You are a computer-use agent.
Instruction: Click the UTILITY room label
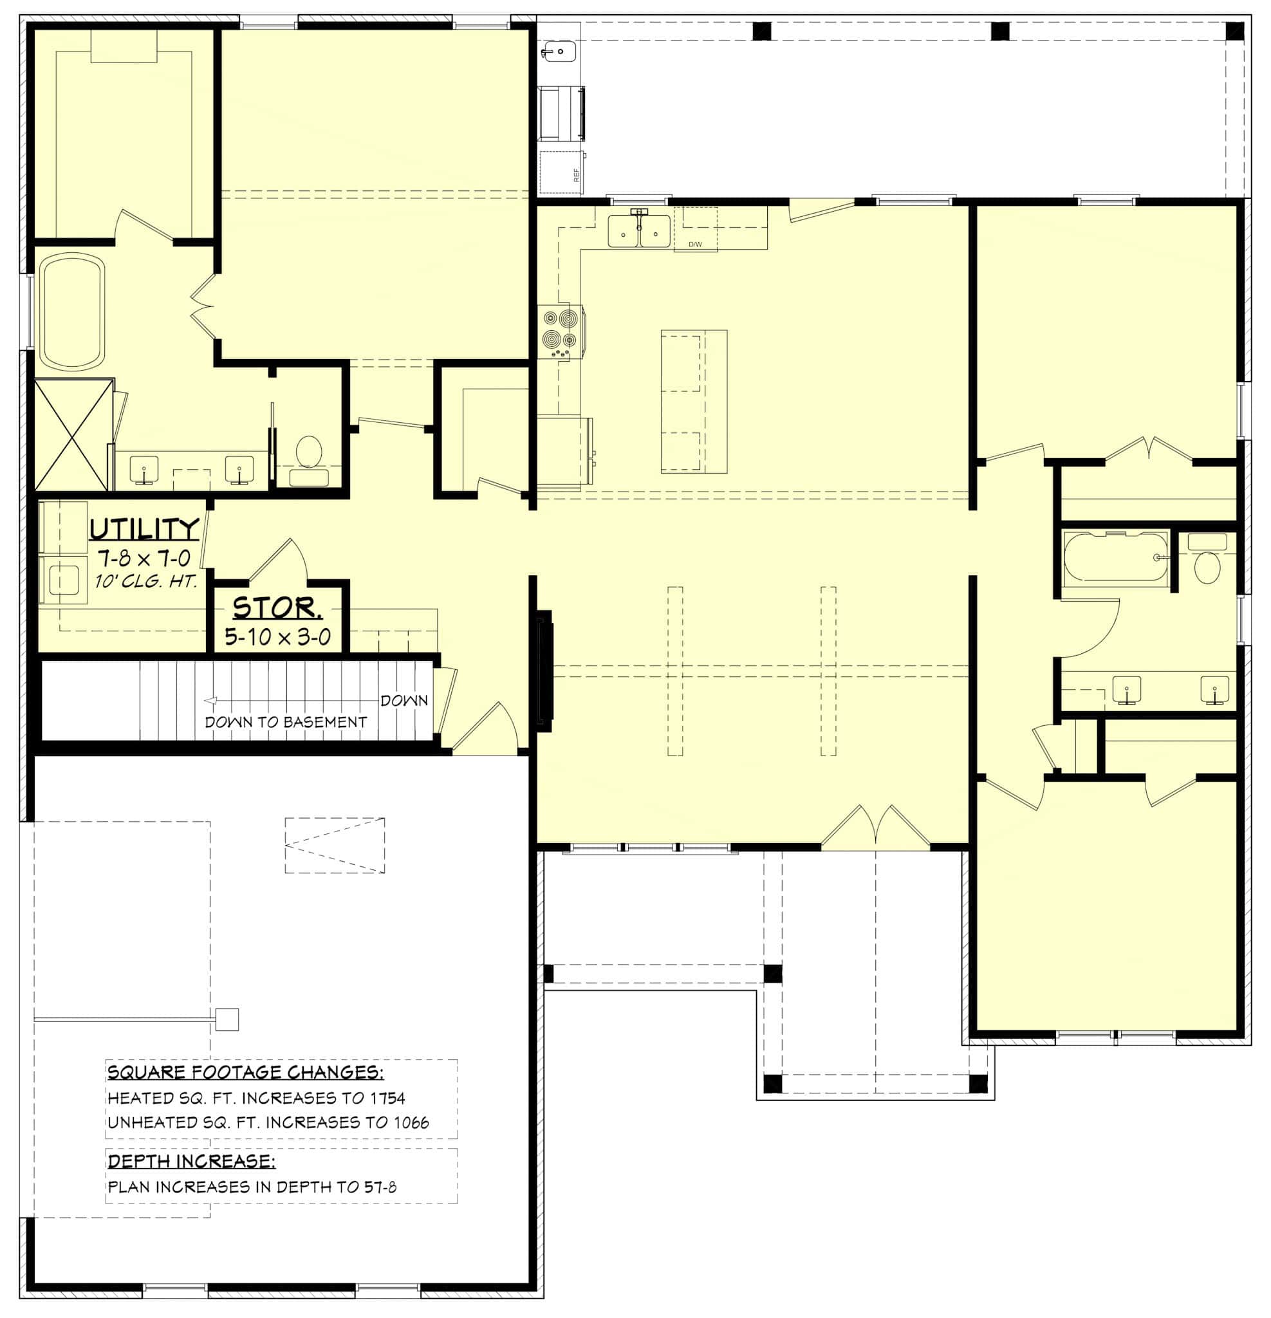pyautogui.click(x=145, y=529)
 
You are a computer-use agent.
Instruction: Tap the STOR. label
pyautogui.click(x=277, y=609)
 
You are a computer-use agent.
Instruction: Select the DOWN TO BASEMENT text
pyautogui.click(x=286, y=722)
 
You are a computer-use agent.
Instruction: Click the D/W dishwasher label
pyautogui.click(x=694, y=244)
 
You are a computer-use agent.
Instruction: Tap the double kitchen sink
pyautogui.click(x=639, y=230)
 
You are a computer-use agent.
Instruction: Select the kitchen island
pyautogui.click(x=694, y=402)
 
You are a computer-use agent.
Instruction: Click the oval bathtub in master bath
pyautogui.click(x=72, y=311)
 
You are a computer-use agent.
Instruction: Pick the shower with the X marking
pyautogui.click(x=73, y=435)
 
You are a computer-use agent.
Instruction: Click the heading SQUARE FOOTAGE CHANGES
pyautogui.click(x=245, y=1072)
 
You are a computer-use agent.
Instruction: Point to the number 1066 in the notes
pyautogui.click(x=410, y=1122)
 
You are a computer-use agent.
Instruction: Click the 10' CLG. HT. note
pyautogui.click(x=146, y=581)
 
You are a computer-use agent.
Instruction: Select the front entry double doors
pyautogui.click(x=876, y=828)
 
